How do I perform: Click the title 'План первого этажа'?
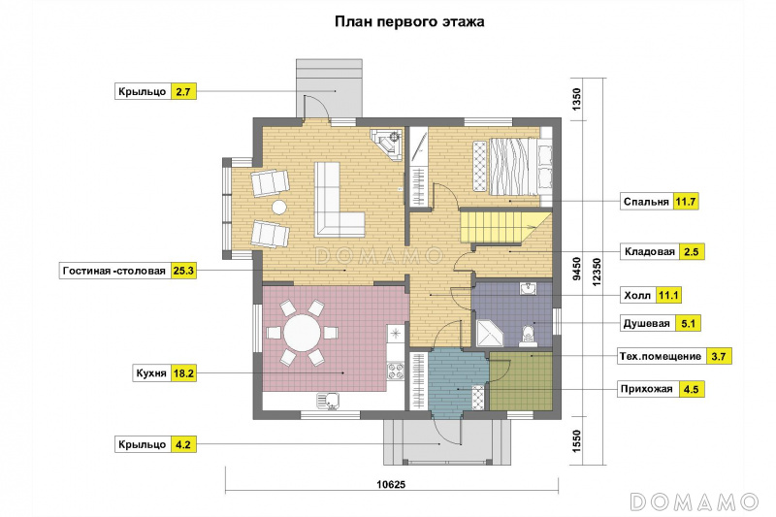click(409, 22)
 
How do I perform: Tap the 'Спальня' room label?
click(646, 202)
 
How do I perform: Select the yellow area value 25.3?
click(183, 271)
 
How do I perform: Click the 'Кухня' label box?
click(151, 373)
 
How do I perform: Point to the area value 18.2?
click(183, 373)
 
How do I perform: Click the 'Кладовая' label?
click(649, 252)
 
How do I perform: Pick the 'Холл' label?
click(637, 295)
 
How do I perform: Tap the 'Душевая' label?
click(646, 324)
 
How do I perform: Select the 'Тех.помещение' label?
click(661, 356)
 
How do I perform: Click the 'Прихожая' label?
click(646, 389)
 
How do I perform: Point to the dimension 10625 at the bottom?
click(391, 484)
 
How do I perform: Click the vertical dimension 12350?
click(597, 272)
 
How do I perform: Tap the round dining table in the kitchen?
click(302, 333)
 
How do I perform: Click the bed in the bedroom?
click(514, 167)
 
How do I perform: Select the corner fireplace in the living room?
click(386, 145)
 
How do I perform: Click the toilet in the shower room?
click(528, 336)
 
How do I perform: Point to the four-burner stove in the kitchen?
click(396, 372)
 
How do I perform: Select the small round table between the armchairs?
click(279, 207)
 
